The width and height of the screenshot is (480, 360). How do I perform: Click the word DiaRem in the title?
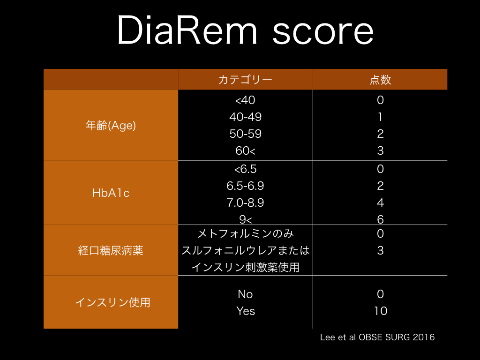pyautogui.click(x=187, y=30)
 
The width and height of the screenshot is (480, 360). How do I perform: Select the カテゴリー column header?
pyautogui.click(x=245, y=80)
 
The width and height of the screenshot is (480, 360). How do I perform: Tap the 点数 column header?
pyautogui.click(x=380, y=80)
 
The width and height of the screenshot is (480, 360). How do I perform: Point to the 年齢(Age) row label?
pyautogui.click(x=111, y=126)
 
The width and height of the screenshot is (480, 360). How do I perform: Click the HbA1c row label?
pyautogui.click(x=111, y=193)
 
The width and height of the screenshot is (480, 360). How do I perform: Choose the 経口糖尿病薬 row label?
pyautogui.click(x=111, y=251)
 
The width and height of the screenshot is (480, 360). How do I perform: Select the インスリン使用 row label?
pyautogui.click(x=112, y=302)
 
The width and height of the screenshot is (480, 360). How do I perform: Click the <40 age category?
pyautogui.click(x=245, y=100)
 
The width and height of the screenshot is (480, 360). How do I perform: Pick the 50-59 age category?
pyautogui.click(x=246, y=134)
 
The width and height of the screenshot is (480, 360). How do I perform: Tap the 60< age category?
pyautogui.click(x=246, y=150)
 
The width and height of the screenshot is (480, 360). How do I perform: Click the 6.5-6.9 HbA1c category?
pyautogui.click(x=245, y=186)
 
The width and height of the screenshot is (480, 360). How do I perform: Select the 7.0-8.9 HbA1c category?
pyautogui.click(x=245, y=202)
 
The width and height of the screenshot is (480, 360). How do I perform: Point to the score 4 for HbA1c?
pyautogui.click(x=380, y=202)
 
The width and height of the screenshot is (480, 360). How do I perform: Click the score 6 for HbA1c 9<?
pyautogui.click(x=380, y=219)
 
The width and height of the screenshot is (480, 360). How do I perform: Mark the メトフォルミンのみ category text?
pyautogui.click(x=245, y=234)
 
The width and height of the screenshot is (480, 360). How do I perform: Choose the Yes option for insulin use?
pyautogui.click(x=246, y=311)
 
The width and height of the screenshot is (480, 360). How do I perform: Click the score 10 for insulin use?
pyautogui.click(x=381, y=311)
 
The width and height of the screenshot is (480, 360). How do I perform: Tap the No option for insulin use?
pyautogui.click(x=245, y=294)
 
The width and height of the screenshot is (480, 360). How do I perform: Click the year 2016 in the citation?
pyautogui.click(x=423, y=337)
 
